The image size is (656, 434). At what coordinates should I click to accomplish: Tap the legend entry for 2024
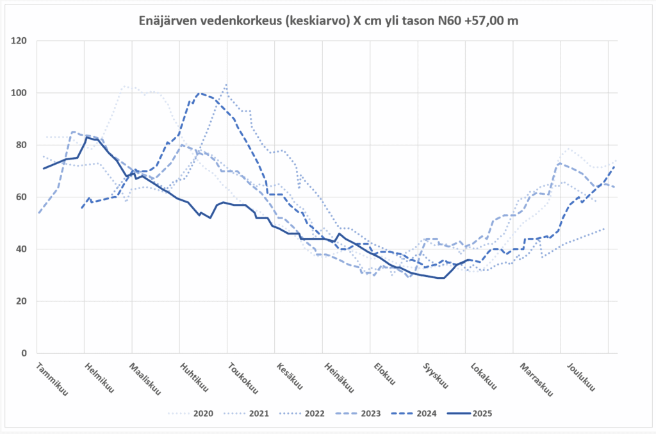[x=425, y=413]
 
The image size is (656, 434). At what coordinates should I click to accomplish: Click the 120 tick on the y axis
[x=20, y=41]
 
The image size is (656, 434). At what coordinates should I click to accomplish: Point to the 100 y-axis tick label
[x=20, y=93]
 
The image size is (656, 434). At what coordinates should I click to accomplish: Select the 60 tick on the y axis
[x=22, y=197]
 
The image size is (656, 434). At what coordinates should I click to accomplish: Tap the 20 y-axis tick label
[x=22, y=301]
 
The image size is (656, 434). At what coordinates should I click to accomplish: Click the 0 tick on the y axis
[x=25, y=353]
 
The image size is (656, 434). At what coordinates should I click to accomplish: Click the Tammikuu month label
[x=52, y=380]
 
